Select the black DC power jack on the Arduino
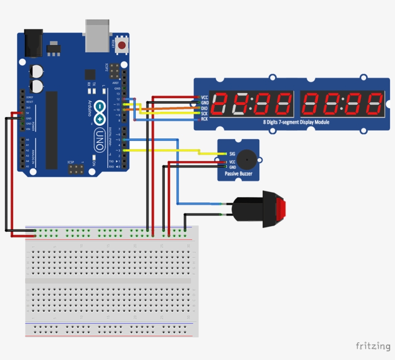point(33,43)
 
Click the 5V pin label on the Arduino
point(28,113)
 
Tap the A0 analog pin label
point(27,140)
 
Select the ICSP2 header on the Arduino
point(114,71)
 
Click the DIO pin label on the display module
point(204,108)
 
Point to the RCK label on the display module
point(204,119)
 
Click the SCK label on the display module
point(204,114)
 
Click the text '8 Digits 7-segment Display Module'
point(296,122)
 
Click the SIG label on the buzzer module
point(232,154)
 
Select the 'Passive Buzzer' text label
point(238,173)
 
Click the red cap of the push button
point(281,209)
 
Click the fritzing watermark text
point(373,346)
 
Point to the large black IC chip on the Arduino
point(51,130)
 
